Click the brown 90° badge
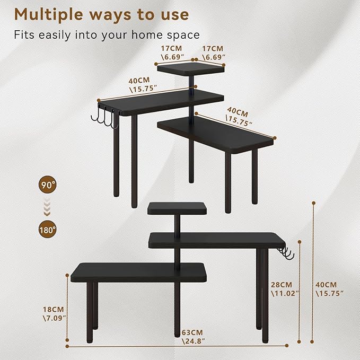pos(48,185)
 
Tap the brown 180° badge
pos(48,230)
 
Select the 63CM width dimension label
pos(193,337)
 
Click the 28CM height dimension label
pos(285,289)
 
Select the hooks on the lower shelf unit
pos(285,253)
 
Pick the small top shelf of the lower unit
pos(177,208)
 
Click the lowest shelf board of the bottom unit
pos(139,273)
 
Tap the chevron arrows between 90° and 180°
pos(47,207)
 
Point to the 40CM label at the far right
pos(329,289)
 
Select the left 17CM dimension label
pos(172,53)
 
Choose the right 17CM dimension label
pos(213,53)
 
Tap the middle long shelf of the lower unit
pos(217,240)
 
